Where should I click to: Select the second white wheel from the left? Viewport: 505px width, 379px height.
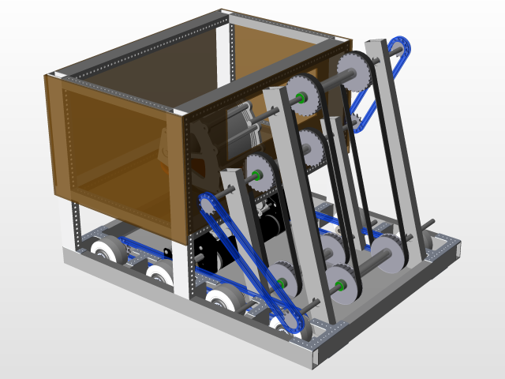(160, 277)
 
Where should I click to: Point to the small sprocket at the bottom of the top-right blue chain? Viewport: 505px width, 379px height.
(355, 120)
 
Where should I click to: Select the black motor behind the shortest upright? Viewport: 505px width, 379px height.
(268, 217)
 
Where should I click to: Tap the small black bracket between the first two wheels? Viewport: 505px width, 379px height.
(166, 253)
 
